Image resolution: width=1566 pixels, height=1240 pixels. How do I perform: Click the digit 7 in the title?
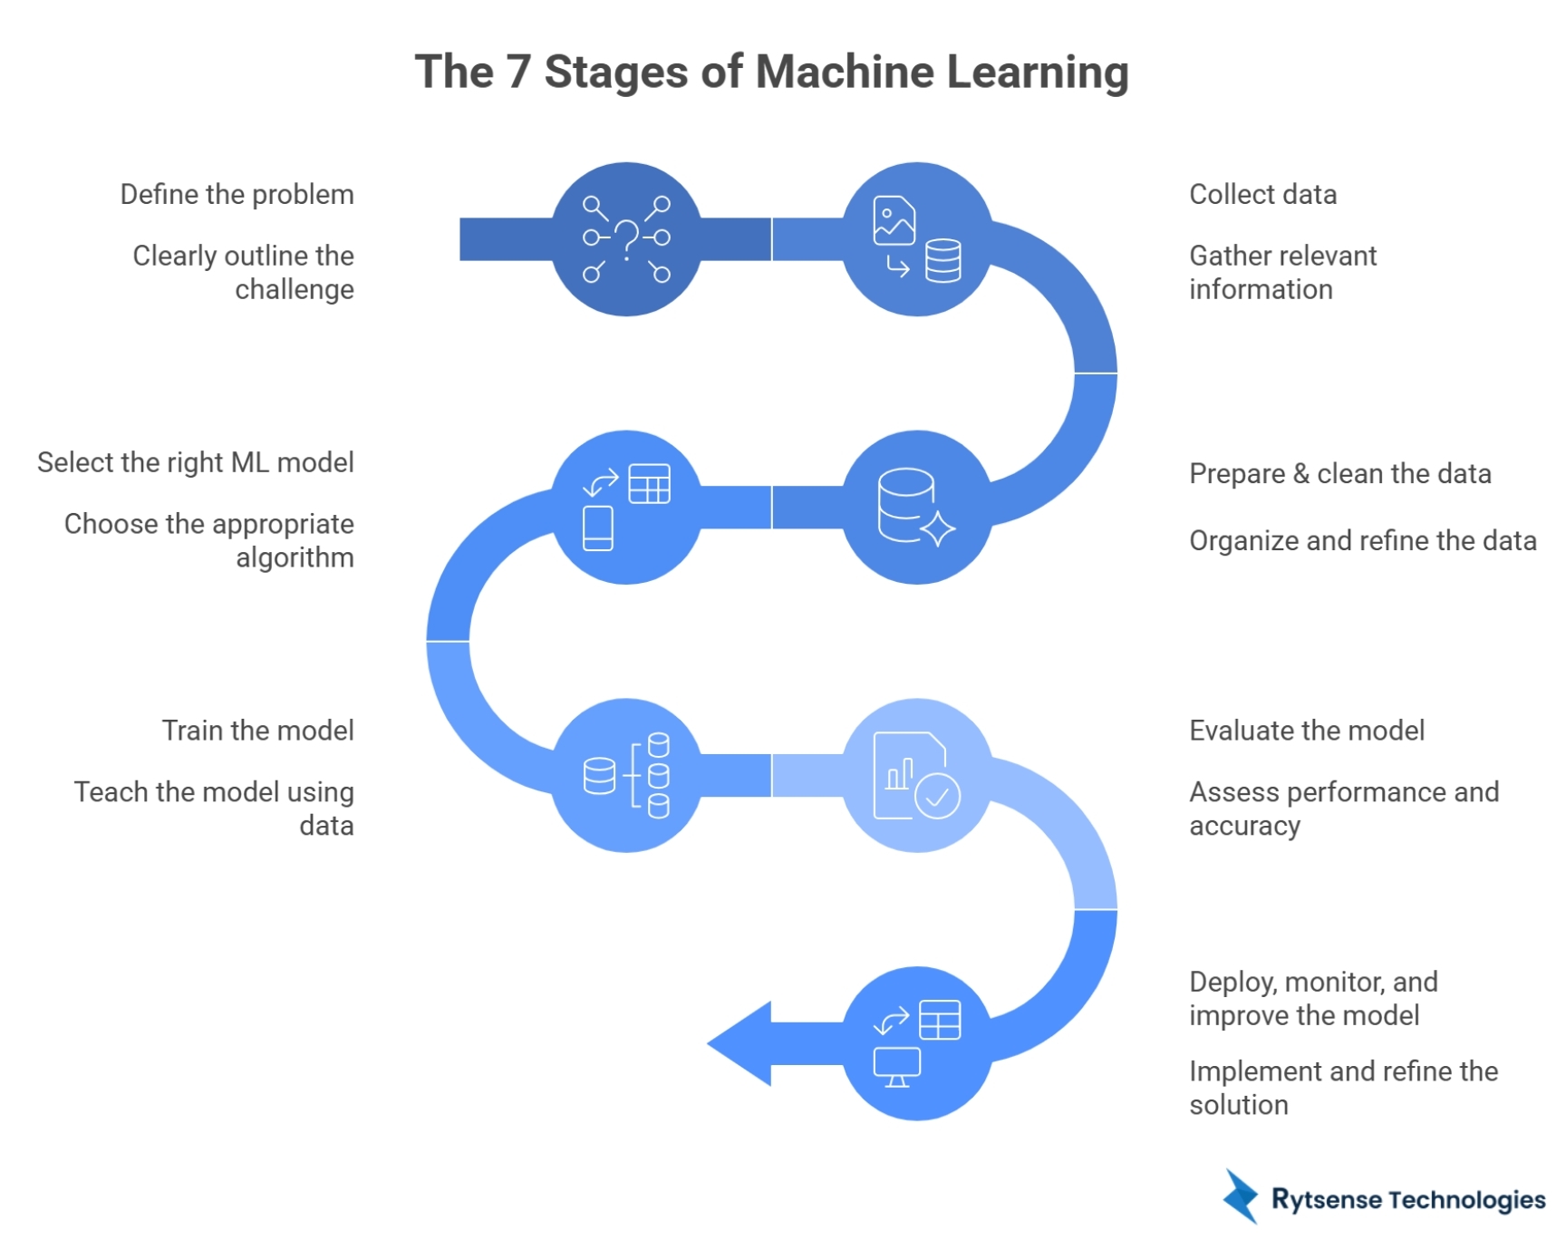[518, 73]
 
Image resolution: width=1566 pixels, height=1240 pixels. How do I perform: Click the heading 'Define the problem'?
[237, 195]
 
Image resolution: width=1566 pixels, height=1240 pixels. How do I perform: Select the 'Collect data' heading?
[1262, 195]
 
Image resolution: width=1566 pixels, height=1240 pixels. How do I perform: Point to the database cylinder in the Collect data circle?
[942, 261]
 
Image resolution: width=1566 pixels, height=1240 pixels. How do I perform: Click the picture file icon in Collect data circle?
[894, 220]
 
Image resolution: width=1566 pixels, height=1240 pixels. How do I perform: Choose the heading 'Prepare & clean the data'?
[1339, 474]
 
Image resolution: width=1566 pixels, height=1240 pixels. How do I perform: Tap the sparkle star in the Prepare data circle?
[937, 528]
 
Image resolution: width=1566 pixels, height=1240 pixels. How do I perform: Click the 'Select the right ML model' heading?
[195, 463]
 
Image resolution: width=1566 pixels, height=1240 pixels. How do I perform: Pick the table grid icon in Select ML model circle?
[650, 483]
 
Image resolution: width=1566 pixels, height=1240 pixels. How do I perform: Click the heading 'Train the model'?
[257, 731]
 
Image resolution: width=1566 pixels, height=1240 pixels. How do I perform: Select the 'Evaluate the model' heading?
[1306, 731]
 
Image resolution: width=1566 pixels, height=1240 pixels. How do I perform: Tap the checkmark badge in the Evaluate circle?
[937, 797]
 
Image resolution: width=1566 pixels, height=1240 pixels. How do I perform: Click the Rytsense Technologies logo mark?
[1241, 1196]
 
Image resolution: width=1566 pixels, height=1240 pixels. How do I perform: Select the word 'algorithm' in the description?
[295, 558]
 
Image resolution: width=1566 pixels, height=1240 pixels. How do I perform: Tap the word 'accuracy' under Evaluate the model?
[1244, 827]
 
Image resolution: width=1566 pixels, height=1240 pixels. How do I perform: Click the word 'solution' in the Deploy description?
[1238, 1106]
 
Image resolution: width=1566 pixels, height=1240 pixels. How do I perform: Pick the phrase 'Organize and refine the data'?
[1362, 541]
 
